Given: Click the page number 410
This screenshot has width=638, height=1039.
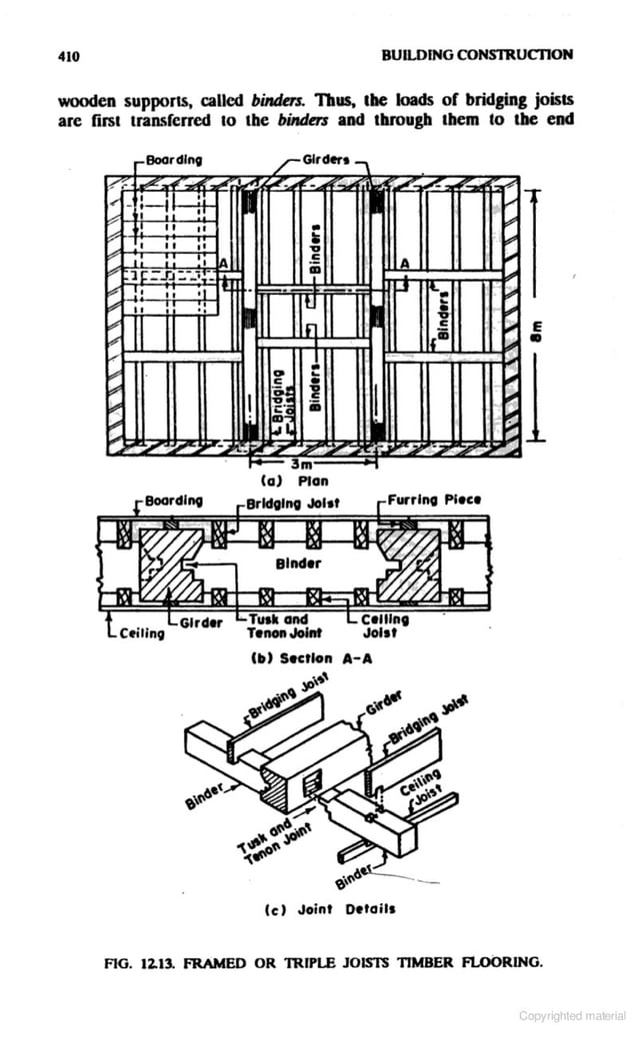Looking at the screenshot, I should (68, 55).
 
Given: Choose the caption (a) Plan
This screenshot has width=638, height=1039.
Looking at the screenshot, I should (296, 480).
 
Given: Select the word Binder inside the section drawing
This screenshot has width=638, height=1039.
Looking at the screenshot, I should (298, 563).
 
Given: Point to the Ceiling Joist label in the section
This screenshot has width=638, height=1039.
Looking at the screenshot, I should (385, 625).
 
